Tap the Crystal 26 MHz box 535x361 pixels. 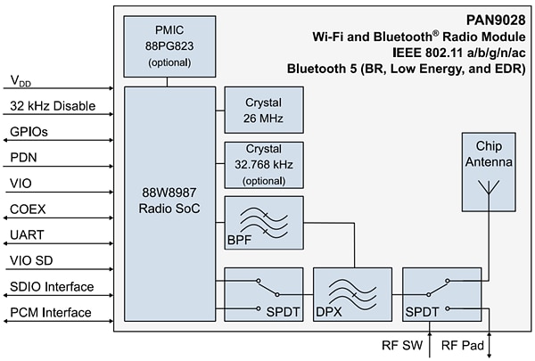coord(264,109)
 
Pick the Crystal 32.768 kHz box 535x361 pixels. coord(264,163)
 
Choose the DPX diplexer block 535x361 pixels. coord(352,293)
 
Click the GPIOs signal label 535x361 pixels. coord(29,131)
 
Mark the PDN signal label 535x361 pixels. coord(23,157)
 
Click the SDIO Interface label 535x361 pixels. coord(52,286)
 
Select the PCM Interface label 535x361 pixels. coord(50,312)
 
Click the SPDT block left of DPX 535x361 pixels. coord(264,293)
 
